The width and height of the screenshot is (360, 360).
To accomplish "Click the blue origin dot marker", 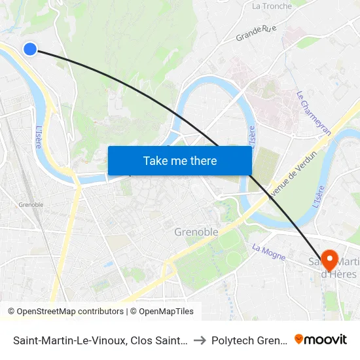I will [x=30, y=48].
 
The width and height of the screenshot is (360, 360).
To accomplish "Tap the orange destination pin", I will [x=329, y=260].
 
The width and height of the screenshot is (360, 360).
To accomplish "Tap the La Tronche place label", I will [x=272, y=7].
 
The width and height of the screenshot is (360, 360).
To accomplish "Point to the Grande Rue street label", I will [x=256, y=33].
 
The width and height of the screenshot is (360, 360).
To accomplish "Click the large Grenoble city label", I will [x=196, y=232].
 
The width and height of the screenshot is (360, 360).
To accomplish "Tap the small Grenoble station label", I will [x=31, y=205].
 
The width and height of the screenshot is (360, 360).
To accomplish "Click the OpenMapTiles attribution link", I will [x=162, y=312].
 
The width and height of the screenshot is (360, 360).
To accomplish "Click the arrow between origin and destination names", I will [x=199, y=340].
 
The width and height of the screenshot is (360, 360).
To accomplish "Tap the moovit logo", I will [x=320, y=339].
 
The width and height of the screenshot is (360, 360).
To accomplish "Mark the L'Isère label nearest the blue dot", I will [x=39, y=137].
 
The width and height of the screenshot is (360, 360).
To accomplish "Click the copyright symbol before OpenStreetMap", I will [x=12, y=312].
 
